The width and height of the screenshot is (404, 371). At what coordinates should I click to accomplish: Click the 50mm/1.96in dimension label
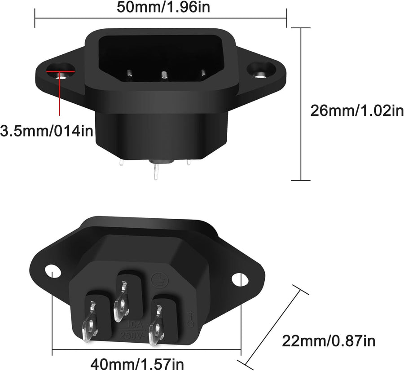[x=160, y=7]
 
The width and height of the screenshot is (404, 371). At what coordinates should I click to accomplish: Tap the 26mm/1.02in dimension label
[x=357, y=110]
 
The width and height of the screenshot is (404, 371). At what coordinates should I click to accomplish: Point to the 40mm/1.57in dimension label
[x=137, y=362]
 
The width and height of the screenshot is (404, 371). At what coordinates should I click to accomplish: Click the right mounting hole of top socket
[x=259, y=72]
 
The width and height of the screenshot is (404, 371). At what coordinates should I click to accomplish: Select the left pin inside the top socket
[x=129, y=74]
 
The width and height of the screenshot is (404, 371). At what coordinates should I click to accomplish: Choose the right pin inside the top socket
[x=203, y=73]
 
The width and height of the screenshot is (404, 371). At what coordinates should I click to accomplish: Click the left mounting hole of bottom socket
[x=53, y=271]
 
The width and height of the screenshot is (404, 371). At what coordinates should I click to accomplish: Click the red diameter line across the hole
[x=60, y=71]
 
